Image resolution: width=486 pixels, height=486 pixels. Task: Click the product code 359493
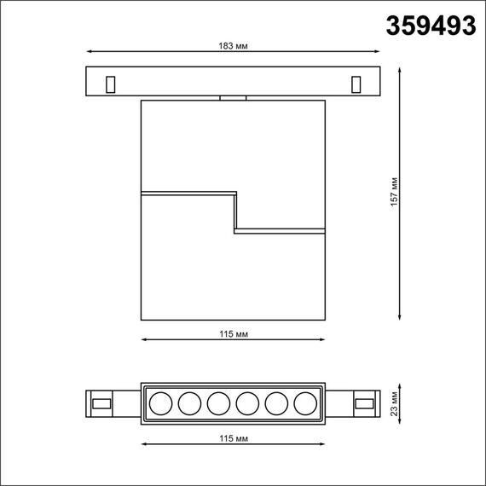click(x=431, y=26)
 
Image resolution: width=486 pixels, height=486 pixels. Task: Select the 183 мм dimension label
click(x=232, y=44)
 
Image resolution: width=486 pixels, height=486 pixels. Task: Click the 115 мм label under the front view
click(x=232, y=333)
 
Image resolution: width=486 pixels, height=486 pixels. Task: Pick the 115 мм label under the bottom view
click(x=232, y=437)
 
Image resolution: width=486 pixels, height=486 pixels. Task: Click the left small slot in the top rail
click(x=109, y=84)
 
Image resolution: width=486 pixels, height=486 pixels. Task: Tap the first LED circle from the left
click(x=159, y=402)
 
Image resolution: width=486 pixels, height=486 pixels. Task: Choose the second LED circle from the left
click(x=188, y=402)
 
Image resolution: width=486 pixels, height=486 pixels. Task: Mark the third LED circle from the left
click(x=217, y=402)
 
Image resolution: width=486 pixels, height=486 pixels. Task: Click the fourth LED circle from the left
click(x=247, y=402)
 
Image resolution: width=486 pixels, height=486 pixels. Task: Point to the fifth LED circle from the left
click(x=276, y=402)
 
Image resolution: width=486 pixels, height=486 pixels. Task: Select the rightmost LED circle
click(x=305, y=402)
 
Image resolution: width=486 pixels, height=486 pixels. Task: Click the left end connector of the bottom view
click(x=101, y=402)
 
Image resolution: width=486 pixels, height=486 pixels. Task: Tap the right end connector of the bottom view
click(x=364, y=402)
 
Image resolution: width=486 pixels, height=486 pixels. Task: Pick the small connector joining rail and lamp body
click(x=232, y=98)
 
